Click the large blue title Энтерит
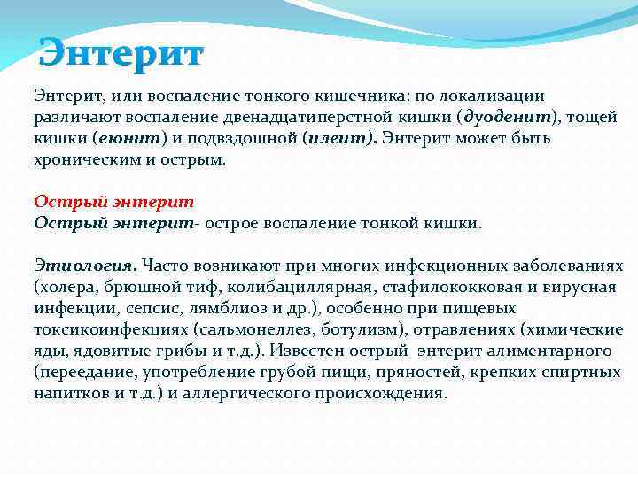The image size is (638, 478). coord(121,53)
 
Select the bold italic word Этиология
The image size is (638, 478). coord(85,265)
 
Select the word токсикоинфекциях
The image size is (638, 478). coord(105,329)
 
